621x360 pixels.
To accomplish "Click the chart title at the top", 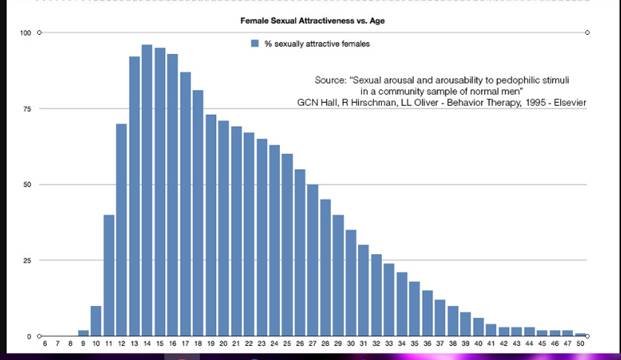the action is tap(312, 21).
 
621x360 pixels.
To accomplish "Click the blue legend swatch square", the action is tap(255, 43).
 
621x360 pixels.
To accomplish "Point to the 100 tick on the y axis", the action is tap(25, 33).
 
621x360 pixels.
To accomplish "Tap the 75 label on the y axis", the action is tap(27, 109).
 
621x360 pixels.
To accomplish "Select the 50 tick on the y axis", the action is tap(27, 184).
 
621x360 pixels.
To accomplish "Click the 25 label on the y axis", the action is tap(27, 261).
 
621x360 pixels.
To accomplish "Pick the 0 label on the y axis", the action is tap(29, 336).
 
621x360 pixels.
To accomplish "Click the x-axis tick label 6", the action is tap(44, 344).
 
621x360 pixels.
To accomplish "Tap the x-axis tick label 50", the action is tap(580, 344).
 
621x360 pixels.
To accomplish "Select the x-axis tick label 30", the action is tap(351, 344).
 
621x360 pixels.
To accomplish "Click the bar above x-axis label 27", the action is tap(312, 261).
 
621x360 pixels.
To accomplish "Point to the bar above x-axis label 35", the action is tap(414, 309).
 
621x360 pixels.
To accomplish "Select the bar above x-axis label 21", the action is tap(236, 232).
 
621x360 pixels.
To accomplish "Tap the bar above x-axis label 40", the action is tap(478, 327).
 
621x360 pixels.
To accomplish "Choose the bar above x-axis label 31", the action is tap(363, 290).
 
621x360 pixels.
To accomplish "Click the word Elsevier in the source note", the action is tap(570, 103).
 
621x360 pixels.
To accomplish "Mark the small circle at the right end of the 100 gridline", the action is tap(588, 33).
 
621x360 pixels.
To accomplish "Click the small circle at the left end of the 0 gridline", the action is tap(39, 336).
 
